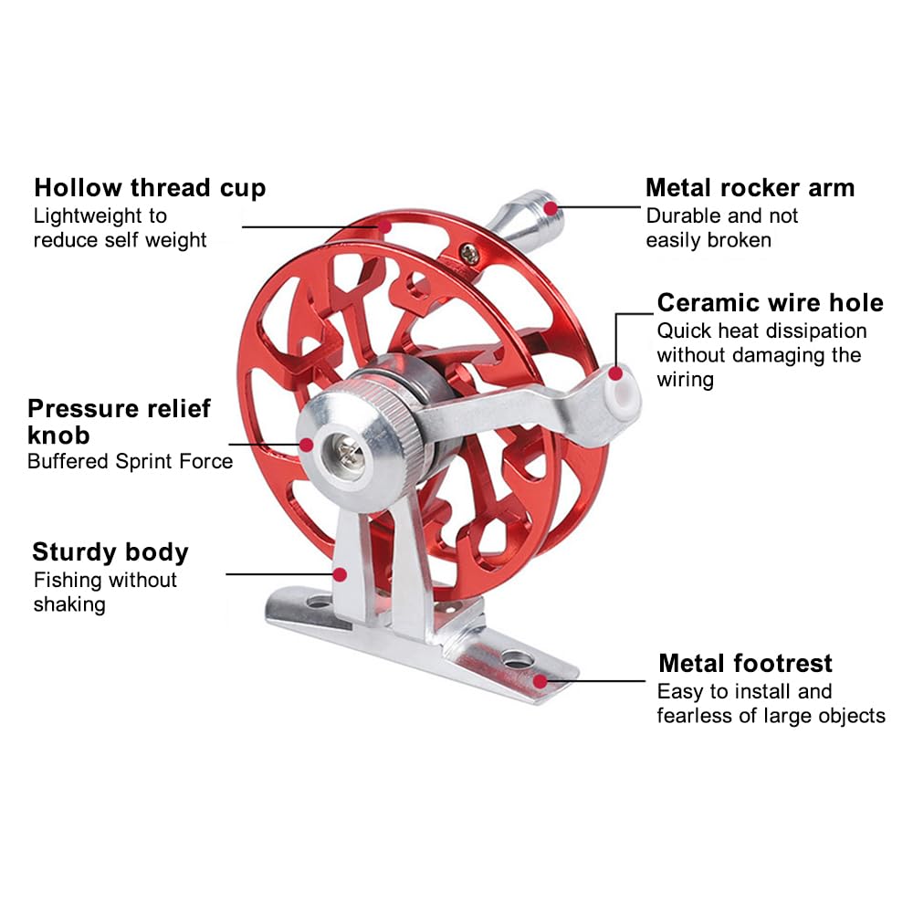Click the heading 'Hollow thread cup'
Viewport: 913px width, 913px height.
click(150, 189)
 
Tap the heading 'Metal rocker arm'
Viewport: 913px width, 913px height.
click(750, 188)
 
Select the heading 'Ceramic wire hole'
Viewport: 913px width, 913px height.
click(770, 303)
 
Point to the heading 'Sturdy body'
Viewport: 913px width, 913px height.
click(110, 552)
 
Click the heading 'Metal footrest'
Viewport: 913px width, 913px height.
click(745, 663)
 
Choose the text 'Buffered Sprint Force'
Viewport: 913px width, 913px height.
click(130, 461)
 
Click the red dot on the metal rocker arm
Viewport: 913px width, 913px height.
click(551, 208)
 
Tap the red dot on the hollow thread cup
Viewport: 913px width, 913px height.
click(384, 226)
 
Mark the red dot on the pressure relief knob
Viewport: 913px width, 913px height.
click(306, 445)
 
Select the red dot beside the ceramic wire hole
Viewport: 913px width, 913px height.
click(614, 373)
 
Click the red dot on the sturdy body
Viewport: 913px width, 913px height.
click(340, 574)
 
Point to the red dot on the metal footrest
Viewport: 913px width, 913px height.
click(540, 681)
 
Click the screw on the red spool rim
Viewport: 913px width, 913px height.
click(469, 253)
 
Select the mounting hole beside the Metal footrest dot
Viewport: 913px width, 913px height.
click(518, 659)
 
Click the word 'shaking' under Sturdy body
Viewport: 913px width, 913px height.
click(69, 605)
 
